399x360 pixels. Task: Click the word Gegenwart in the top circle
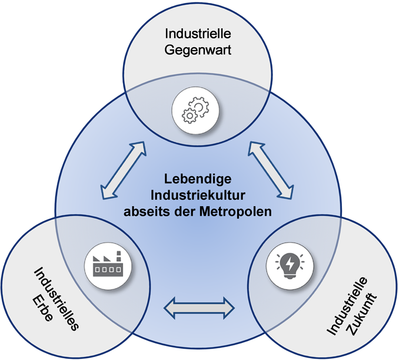pos(198,50)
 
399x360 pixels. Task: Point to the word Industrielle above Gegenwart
pos(198,34)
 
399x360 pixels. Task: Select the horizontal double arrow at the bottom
pos(198,307)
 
